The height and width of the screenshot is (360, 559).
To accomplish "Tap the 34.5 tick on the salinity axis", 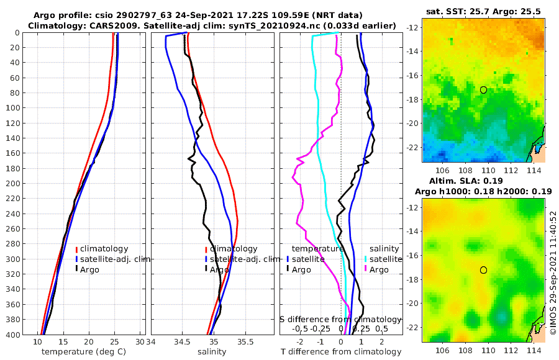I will (181, 342).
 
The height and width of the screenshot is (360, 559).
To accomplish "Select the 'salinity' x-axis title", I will (211, 352).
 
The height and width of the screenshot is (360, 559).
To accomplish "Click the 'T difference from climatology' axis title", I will (341, 352).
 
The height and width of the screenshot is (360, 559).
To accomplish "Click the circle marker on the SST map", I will (483, 90).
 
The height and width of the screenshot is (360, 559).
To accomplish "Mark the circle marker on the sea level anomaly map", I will (483, 270).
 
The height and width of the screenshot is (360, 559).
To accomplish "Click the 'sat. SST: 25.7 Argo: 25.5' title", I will (483, 12).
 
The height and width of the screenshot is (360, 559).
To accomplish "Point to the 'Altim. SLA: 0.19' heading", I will (483, 181).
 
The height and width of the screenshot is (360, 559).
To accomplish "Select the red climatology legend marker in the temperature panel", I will (77, 249).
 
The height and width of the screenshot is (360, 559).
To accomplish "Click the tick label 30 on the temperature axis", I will (140, 342).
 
